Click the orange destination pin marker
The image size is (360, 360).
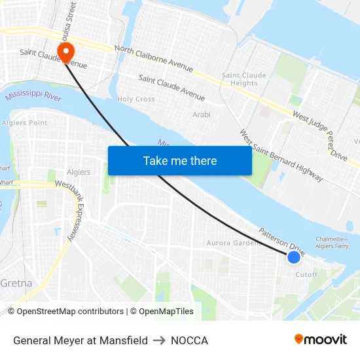click(66, 52)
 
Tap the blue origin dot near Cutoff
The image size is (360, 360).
click(294, 257)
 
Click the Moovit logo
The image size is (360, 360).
click(321, 340)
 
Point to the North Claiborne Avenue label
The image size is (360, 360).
click(154, 58)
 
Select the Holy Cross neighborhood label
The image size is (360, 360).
click(135, 99)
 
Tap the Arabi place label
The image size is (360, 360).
click(201, 115)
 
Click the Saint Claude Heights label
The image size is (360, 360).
click(244, 79)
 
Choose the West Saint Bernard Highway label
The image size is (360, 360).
click(281, 156)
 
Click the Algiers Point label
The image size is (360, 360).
click(24, 122)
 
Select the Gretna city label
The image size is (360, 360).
click(16, 283)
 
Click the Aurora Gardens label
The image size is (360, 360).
click(233, 243)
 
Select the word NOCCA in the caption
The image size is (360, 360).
click(189, 340)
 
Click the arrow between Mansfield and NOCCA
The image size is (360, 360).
click(159, 340)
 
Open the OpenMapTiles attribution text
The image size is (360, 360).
click(162, 312)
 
